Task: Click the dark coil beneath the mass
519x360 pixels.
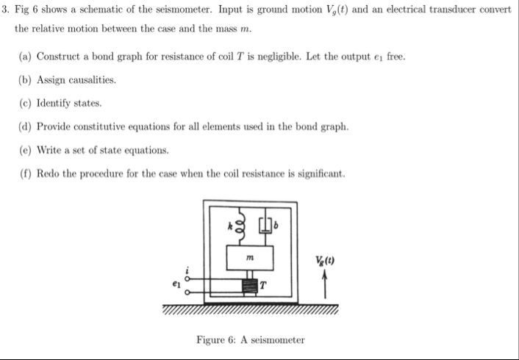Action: tap(253, 285)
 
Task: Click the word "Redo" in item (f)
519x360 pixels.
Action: tap(48, 174)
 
